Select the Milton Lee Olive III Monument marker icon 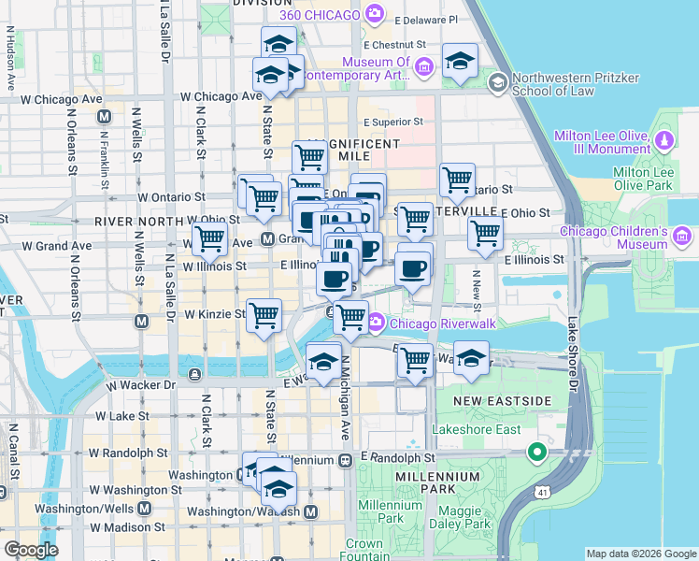[664, 141]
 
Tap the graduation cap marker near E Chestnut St [459, 61]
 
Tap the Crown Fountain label [364, 550]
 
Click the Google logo [31, 550]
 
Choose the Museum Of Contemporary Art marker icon [423, 65]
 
